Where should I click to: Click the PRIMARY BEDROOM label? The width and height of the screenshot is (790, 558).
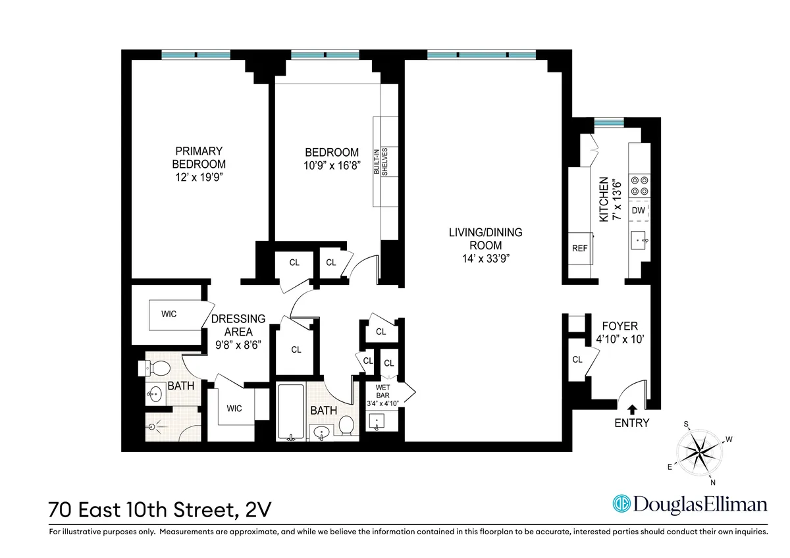(198, 157)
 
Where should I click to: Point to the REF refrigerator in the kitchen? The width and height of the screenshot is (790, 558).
(579, 249)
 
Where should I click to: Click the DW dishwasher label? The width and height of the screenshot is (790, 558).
(638, 211)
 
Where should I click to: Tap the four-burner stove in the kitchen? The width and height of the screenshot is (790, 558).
(639, 185)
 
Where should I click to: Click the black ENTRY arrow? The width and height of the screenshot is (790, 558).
(633, 409)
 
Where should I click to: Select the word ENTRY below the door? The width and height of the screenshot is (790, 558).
(632, 423)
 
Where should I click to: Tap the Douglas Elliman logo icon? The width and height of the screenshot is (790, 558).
(621, 504)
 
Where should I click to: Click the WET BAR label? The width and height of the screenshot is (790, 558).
(382, 392)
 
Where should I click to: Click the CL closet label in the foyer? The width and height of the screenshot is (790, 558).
(577, 359)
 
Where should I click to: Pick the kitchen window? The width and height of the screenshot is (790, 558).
(608, 122)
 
